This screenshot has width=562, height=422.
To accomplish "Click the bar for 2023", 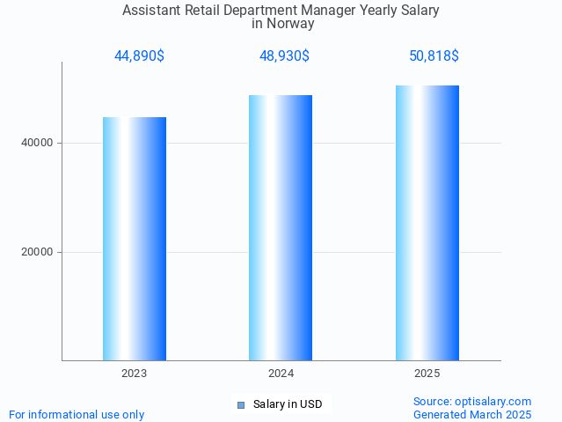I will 135,239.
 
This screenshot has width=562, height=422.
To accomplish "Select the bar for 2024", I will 281,227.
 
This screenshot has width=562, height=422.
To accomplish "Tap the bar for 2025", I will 427,223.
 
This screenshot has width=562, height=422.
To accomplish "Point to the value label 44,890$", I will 139,56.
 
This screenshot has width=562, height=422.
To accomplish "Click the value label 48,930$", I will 284,56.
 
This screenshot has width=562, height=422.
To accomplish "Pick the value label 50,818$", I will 434,56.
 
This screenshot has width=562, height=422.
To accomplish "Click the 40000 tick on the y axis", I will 37,143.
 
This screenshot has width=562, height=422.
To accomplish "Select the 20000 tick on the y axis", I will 37,252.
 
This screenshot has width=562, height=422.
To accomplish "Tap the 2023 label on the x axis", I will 135,374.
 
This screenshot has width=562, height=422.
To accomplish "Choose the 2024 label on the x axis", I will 281,374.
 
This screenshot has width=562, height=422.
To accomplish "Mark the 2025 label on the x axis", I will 427,374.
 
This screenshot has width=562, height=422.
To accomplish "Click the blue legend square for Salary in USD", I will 241,405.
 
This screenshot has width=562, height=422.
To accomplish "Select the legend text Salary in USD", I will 288,405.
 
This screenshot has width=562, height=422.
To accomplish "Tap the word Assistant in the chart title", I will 151,11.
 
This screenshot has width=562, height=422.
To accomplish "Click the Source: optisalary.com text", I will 472,402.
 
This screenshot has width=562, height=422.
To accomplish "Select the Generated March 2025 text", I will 472,414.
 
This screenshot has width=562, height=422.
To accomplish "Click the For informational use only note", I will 77,414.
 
